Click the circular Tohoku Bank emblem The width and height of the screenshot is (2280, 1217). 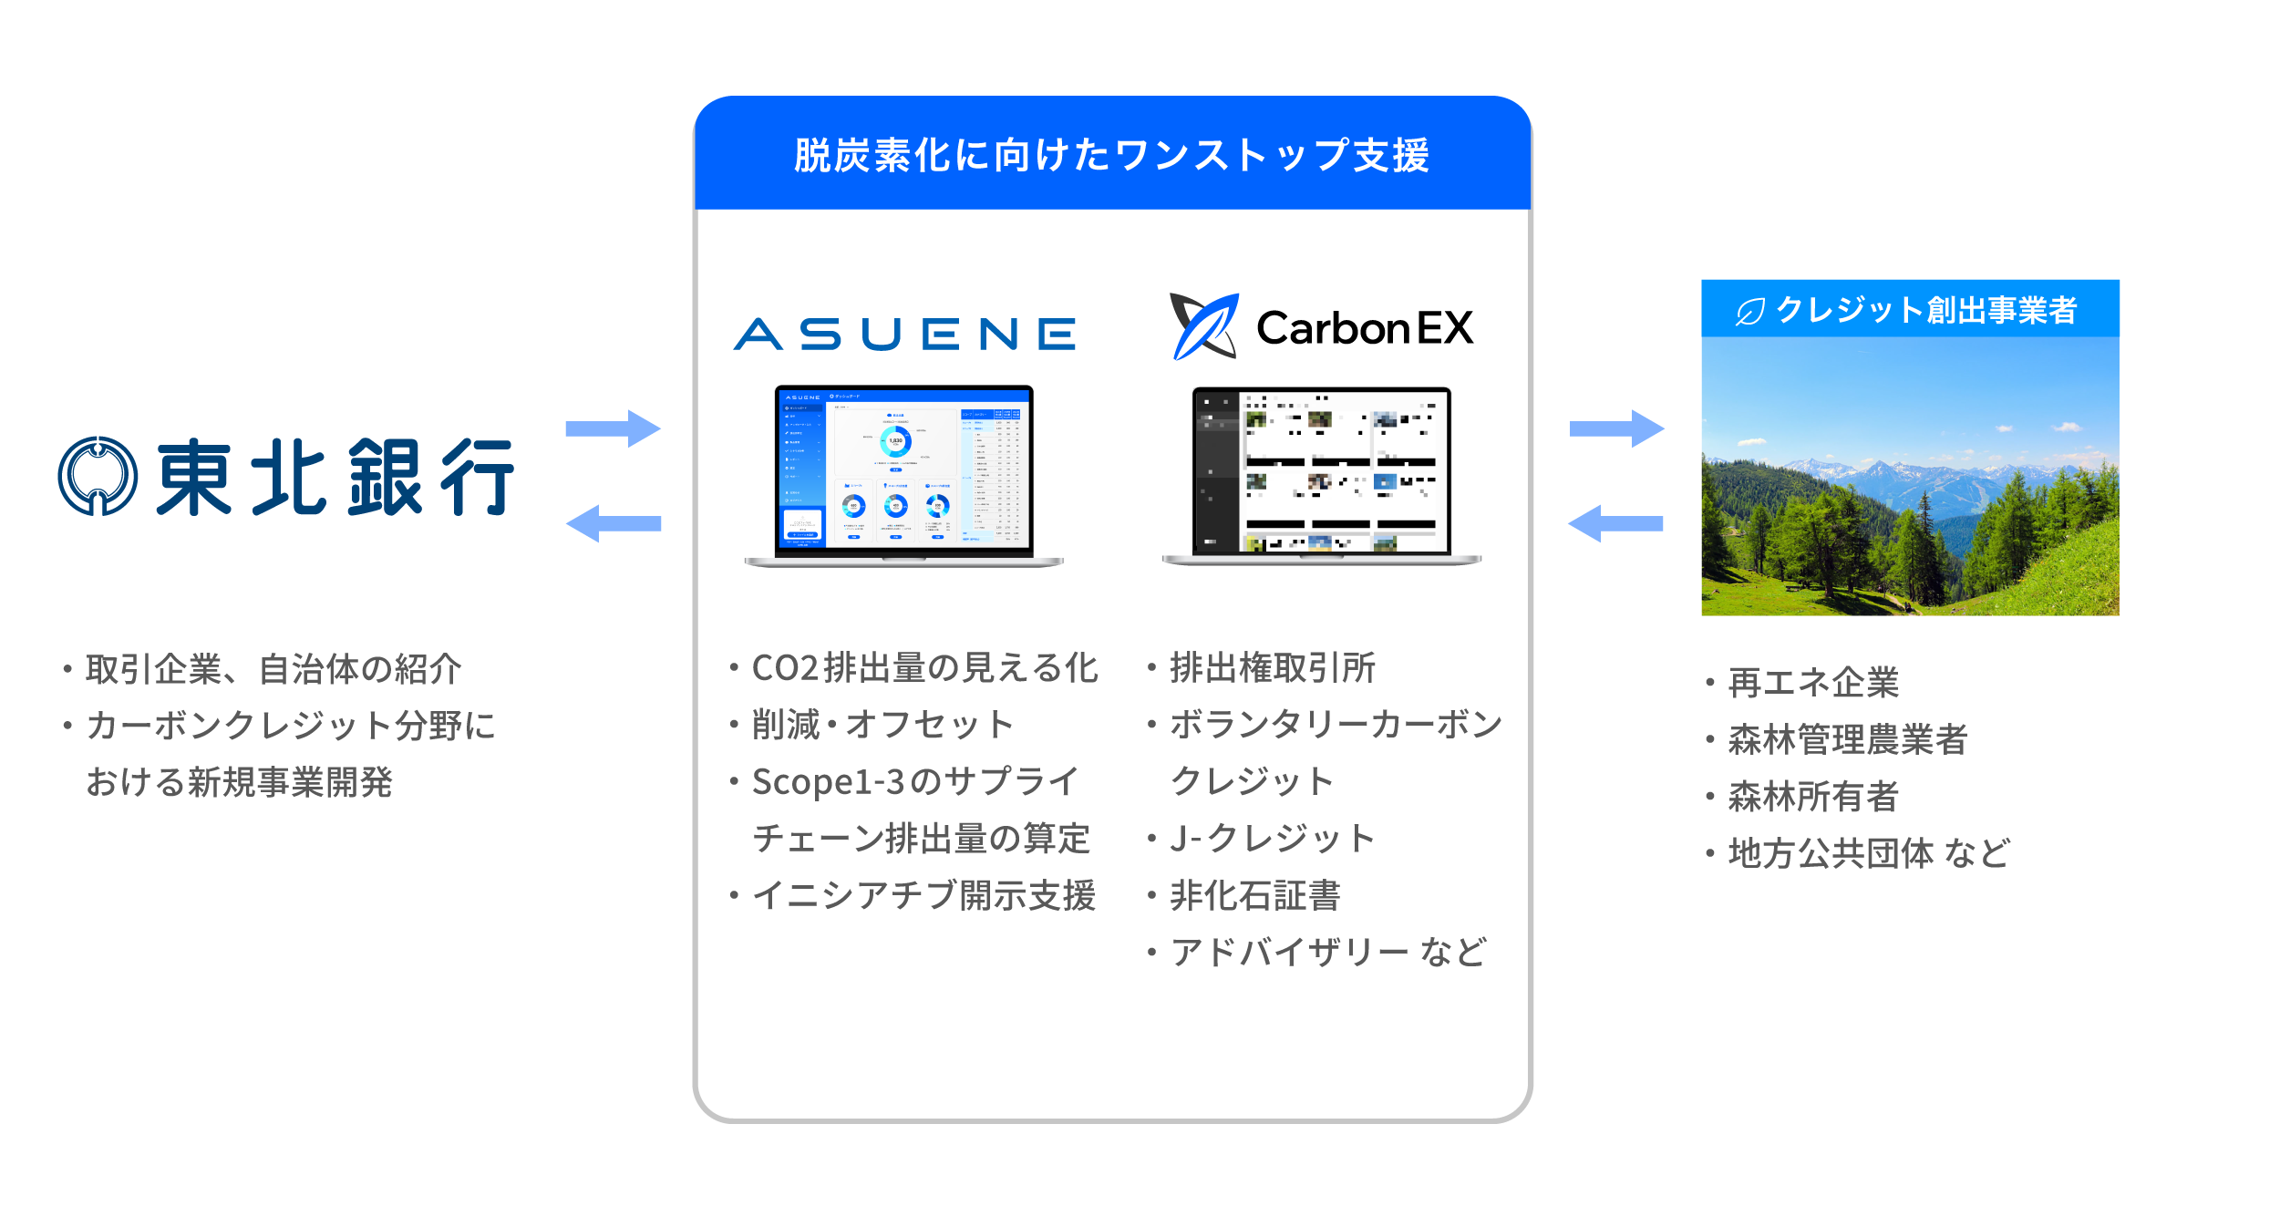tap(98, 476)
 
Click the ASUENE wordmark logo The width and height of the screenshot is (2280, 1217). tap(904, 334)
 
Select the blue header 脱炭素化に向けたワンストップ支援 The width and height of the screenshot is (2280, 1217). tap(1112, 155)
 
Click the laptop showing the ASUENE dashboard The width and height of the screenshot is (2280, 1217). tap(903, 474)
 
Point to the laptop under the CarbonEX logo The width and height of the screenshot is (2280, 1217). tap(1322, 474)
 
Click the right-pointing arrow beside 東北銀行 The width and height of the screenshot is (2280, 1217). tap(613, 428)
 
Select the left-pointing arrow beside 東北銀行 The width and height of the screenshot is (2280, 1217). tap(613, 523)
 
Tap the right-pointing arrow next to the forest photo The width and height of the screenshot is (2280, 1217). tap(1616, 428)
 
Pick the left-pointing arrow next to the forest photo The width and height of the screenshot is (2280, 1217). tap(1615, 523)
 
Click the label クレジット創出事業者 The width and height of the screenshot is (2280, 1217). tap(1926, 310)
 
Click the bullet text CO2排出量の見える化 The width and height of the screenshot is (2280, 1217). tap(924, 668)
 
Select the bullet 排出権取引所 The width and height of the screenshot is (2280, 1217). tap(1273, 668)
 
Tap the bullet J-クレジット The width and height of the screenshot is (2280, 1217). tap(1272, 838)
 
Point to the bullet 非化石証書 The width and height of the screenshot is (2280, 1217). tap(1255, 895)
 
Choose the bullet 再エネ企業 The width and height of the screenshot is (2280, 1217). tap(1813, 683)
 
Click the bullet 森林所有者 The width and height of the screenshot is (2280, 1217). tap(1813, 797)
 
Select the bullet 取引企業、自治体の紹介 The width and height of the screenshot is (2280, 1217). tap(273, 669)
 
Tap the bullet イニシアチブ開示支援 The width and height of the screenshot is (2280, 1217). tap(923, 895)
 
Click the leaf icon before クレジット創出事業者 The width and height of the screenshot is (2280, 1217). tap(1749, 312)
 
